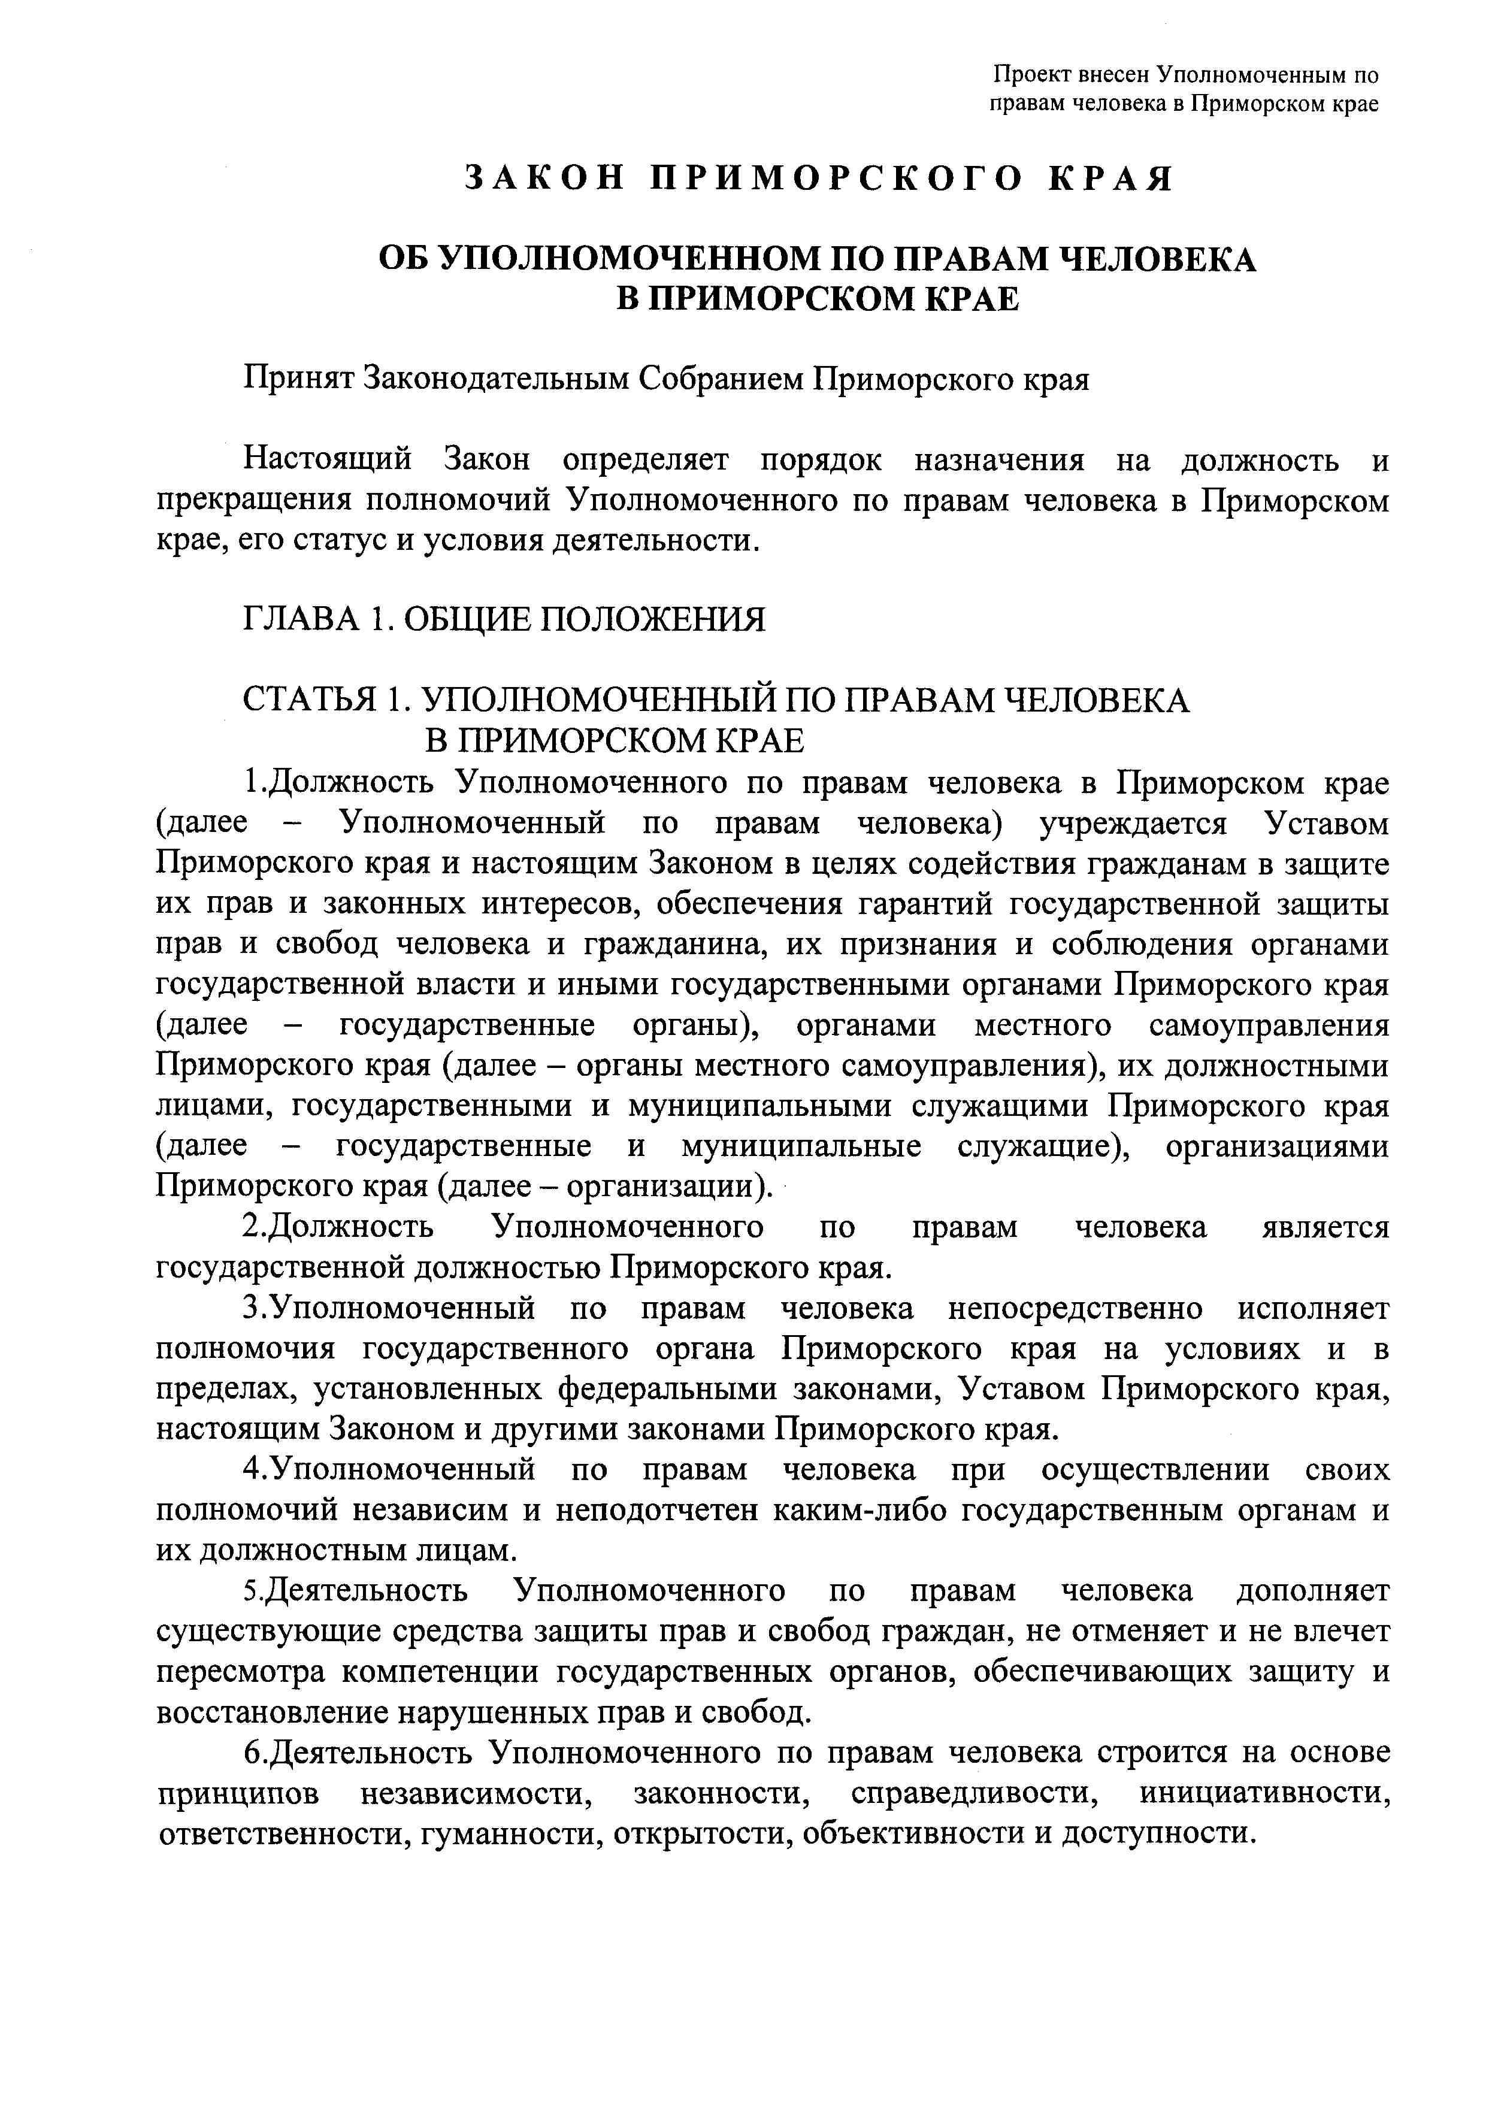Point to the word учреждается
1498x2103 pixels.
pos(1133,823)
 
